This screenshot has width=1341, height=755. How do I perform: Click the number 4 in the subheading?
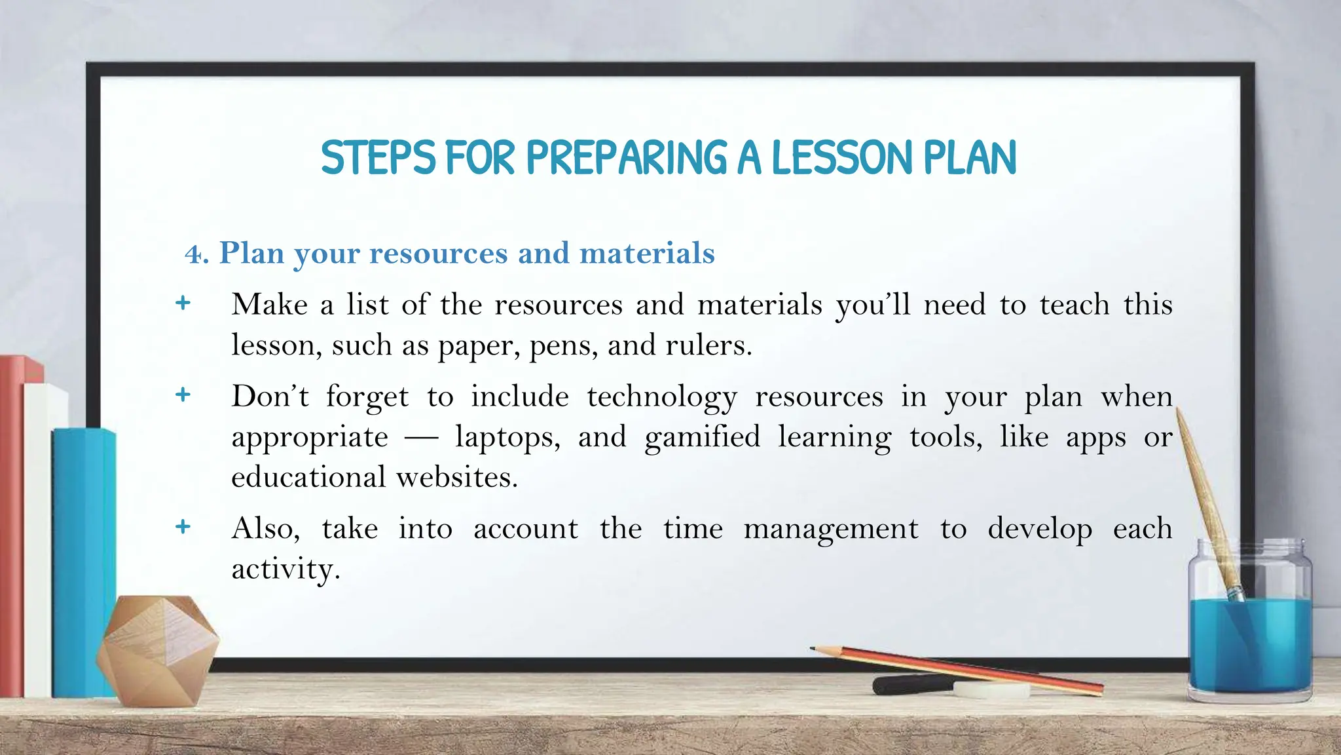tap(193, 254)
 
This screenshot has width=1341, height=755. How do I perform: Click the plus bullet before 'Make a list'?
tap(183, 303)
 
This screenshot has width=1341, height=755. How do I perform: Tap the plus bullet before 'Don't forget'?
tap(183, 395)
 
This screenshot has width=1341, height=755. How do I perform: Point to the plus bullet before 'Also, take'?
tap(183, 526)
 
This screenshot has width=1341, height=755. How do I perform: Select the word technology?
tap(662, 397)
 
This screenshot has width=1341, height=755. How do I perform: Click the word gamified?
tap(702, 437)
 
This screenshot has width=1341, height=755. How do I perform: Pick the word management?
tap(831, 529)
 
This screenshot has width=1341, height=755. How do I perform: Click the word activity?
tap(285, 569)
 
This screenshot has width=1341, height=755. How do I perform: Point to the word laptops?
tap(507, 438)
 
